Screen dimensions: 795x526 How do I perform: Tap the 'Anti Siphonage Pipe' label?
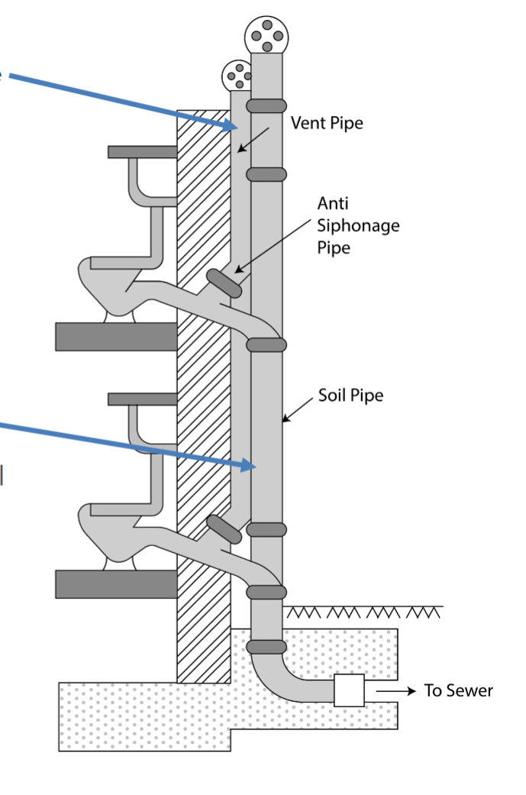tap(358, 225)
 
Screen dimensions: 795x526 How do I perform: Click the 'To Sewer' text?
tap(459, 691)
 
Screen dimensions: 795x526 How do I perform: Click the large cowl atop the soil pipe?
tap(266, 35)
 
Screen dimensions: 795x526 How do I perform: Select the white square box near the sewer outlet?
tap(349, 690)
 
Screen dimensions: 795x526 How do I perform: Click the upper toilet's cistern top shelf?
tap(142, 151)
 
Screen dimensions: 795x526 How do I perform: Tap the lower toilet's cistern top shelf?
tap(142, 399)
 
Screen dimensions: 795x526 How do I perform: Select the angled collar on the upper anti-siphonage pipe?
tap(223, 282)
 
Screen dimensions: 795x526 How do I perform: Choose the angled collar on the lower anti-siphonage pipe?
tap(223, 529)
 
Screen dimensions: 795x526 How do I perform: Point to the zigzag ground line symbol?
tap(363, 612)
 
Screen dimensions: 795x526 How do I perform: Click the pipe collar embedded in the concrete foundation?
tap(266, 647)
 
